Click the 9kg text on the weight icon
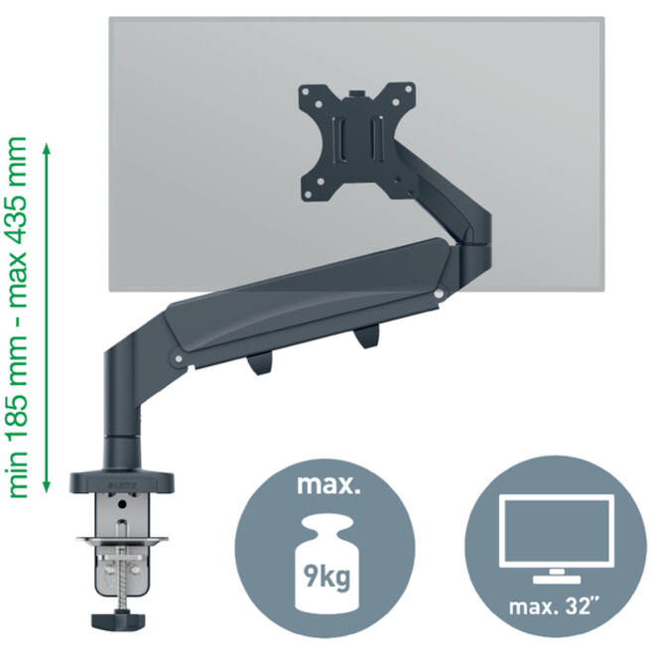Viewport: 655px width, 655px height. [327, 578]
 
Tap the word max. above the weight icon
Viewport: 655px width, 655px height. [328, 484]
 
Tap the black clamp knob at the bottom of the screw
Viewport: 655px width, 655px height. [118, 619]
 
